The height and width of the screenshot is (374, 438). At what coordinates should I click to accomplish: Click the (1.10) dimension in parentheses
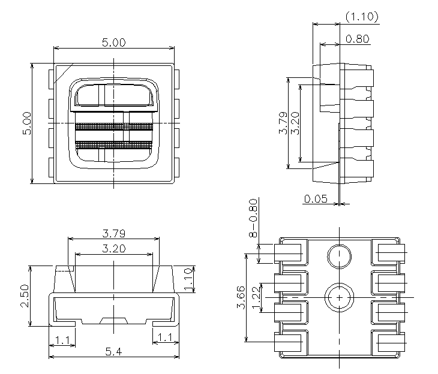pos(362,17)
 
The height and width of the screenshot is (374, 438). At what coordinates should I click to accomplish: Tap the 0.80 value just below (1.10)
pos(358,40)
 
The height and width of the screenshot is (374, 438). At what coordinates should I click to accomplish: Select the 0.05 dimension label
pos(316,199)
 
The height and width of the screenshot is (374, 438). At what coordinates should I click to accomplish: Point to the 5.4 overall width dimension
pos(113,352)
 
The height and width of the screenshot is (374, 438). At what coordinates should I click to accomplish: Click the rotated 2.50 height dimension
pos(24,296)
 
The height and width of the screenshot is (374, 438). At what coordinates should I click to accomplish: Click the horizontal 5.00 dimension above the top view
pos(113,43)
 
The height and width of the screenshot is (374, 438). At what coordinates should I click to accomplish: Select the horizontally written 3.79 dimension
pos(113,233)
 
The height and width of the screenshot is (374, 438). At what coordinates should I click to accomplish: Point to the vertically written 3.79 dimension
pos(283,123)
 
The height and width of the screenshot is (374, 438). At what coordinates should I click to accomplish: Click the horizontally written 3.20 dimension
pos(113,249)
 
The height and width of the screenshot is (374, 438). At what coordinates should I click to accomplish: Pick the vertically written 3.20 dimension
pos(295,123)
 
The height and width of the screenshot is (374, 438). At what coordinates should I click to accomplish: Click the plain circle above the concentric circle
pos(339,257)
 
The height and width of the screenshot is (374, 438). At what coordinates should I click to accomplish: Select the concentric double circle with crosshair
pos(339,297)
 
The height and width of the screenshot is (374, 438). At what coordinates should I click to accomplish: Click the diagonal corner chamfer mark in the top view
pos(62,73)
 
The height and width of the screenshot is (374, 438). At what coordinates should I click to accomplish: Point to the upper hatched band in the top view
pos(114,126)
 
